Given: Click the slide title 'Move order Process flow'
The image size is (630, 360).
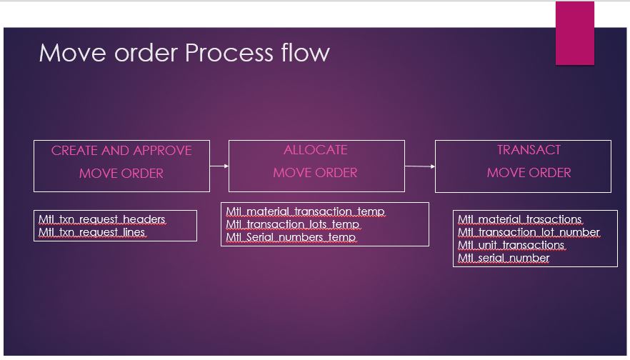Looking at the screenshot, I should point(184,53).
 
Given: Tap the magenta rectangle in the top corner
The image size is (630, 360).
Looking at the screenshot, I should point(574,33).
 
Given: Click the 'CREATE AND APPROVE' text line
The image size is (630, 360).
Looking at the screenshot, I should point(121,151).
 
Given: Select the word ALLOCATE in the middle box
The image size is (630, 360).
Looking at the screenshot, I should point(316,150).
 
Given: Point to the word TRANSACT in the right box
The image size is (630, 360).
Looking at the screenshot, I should point(529,150).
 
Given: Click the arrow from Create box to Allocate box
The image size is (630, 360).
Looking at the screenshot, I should point(219,166).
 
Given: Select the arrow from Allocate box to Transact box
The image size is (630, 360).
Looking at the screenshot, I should point(420,166).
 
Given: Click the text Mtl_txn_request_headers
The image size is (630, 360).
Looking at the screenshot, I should point(101,219).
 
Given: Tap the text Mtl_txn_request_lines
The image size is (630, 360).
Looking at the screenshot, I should point(92,232).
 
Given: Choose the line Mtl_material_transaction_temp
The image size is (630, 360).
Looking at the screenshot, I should point(305,211).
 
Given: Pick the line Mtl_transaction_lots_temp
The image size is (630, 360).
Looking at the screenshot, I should point(293,224).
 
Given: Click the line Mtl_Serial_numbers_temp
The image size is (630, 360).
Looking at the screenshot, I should point(291,237).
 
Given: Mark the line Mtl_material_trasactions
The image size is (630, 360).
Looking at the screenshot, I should point(520,219).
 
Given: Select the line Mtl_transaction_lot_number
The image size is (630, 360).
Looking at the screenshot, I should point(529,232).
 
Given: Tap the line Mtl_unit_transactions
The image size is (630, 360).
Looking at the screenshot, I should point(511,245).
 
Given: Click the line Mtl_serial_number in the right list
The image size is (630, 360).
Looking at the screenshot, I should point(504,258).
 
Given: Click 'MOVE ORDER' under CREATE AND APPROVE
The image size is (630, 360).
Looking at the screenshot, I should point(121,174).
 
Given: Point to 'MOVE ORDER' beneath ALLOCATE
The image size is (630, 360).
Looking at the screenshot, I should point(316,173).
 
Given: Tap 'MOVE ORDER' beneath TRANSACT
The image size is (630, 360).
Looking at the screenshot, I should point(529,173).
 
